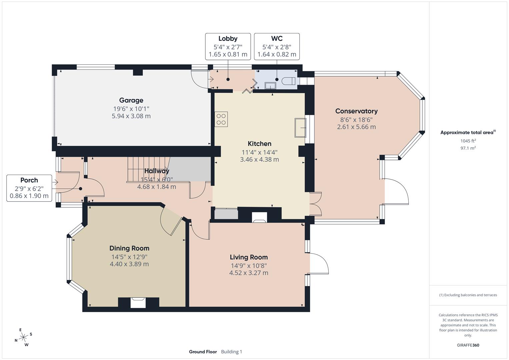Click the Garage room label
click(x=131, y=100)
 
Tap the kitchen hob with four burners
click(x=221, y=119)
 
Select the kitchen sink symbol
click(x=300, y=127)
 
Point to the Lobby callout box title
click(x=228, y=39)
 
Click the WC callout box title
click(x=277, y=39)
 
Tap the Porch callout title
click(x=29, y=180)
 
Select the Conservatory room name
click(x=356, y=111)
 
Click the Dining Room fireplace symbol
click(x=138, y=303)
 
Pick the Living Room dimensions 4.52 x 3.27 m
click(x=248, y=273)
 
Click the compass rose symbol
click(x=23, y=337)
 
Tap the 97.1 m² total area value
click(x=468, y=148)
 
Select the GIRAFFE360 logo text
click(x=468, y=345)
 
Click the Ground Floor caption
click(x=203, y=352)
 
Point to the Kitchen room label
click(x=259, y=144)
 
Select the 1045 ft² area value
click(x=468, y=141)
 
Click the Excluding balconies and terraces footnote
click(x=468, y=295)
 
